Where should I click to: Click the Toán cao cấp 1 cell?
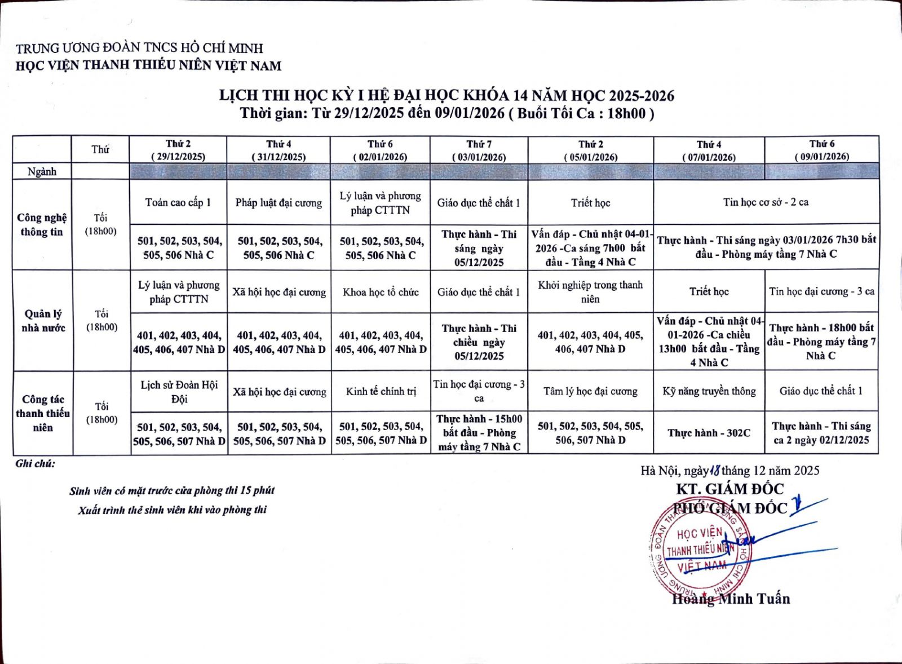pyautogui.click(x=178, y=203)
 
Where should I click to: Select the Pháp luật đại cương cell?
pyautogui.click(x=278, y=203)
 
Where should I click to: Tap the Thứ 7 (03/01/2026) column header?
pyautogui.click(x=479, y=150)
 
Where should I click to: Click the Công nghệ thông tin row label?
pyautogui.click(x=42, y=224)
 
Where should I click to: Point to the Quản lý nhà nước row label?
pyautogui.click(x=42, y=321)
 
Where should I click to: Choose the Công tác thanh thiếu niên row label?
pyautogui.click(x=42, y=413)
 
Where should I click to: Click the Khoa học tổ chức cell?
pyautogui.click(x=381, y=292)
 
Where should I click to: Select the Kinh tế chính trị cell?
pyautogui.click(x=381, y=391)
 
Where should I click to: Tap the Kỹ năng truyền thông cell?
pyautogui.click(x=709, y=391)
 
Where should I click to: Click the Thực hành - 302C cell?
pyautogui.click(x=709, y=433)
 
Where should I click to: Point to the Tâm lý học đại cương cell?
pyautogui.click(x=590, y=391)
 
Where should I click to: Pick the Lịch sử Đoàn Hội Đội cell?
pyautogui.click(x=179, y=392)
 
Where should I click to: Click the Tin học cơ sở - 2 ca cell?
pyautogui.click(x=766, y=202)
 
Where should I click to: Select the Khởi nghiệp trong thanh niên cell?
pyautogui.click(x=590, y=292)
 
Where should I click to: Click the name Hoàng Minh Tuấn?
pyautogui.click(x=731, y=599)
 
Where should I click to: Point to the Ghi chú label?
pyautogui.click(x=35, y=464)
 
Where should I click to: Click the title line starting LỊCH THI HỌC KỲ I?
pyautogui.click(x=446, y=95)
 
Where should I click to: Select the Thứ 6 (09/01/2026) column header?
pyautogui.click(x=821, y=150)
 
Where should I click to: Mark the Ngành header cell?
pyautogui.click(x=42, y=171)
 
